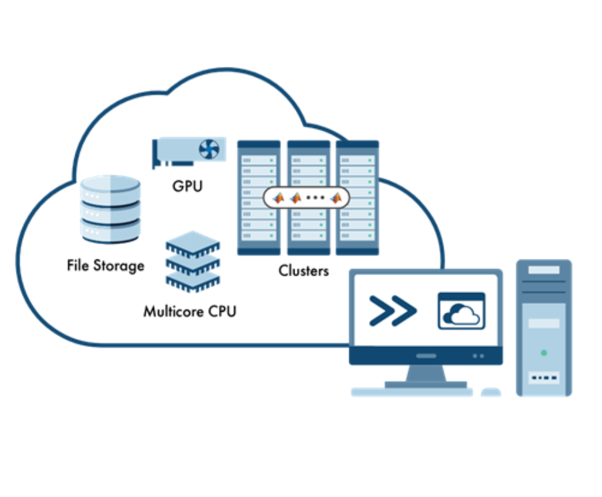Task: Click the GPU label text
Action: [x=188, y=187]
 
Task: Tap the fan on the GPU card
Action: [x=209, y=150]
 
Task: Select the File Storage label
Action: [x=106, y=265]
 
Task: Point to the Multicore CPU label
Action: [x=189, y=312]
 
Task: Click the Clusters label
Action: [x=304, y=271]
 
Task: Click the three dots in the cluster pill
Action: [x=315, y=198]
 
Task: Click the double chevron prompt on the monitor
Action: [x=393, y=312]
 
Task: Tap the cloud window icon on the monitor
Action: [x=461, y=312]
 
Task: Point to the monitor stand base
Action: [x=425, y=384]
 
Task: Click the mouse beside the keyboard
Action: [x=491, y=391]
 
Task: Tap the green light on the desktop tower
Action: [x=545, y=353]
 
